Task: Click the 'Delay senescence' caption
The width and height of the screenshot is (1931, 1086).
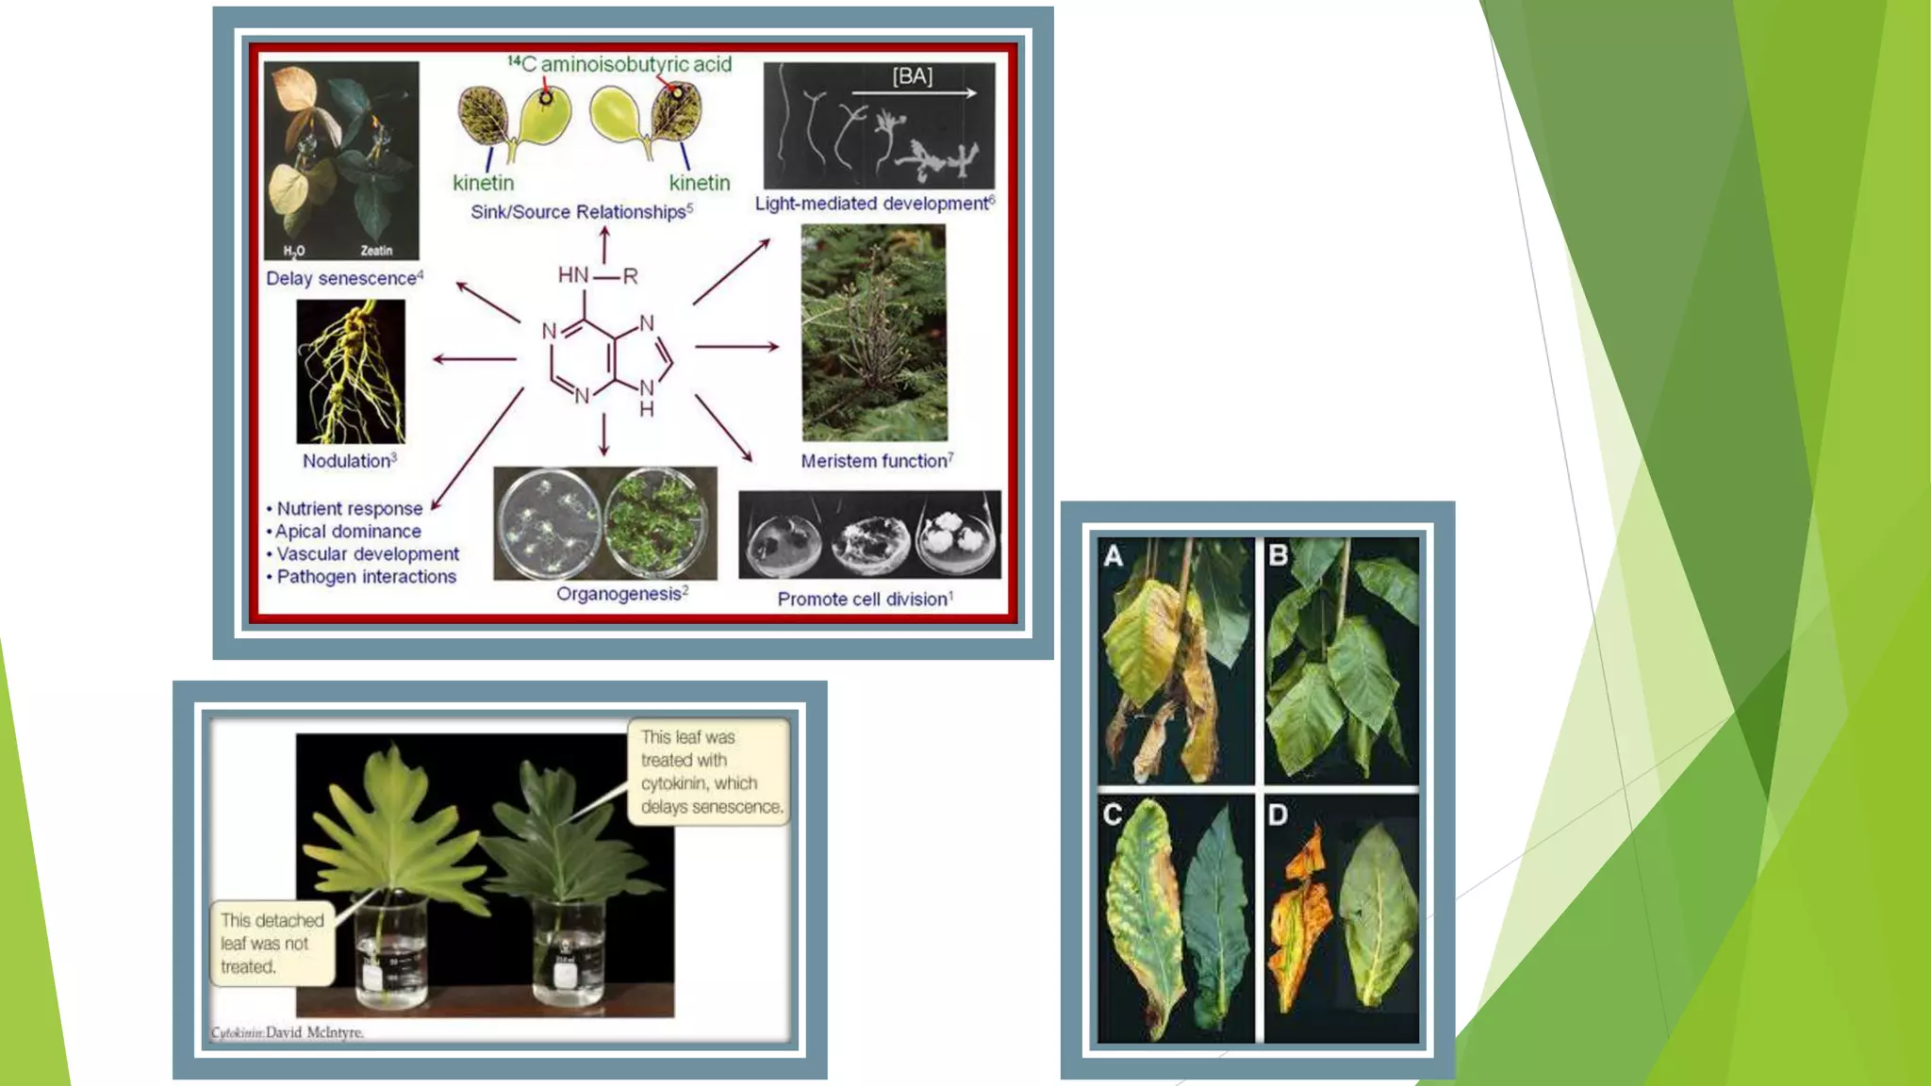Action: (x=344, y=278)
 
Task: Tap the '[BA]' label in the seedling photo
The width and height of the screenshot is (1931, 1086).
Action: (x=912, y=76)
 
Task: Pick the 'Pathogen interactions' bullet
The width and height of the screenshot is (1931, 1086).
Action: (x=366, y=577)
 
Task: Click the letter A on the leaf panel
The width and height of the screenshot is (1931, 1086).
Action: (x=1114, y=556)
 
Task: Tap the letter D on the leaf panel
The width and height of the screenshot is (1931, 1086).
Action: (x=1278, y=814)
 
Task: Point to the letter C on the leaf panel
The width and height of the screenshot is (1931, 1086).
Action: (x=1113, y=814)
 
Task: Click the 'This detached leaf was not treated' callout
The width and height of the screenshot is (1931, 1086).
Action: (x=271, y=944)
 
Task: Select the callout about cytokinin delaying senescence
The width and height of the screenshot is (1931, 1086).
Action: (x=710, y=772)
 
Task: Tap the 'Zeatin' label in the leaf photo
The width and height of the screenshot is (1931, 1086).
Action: (x=376, y=251)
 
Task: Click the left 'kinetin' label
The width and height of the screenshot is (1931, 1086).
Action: (x=483, y=183)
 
